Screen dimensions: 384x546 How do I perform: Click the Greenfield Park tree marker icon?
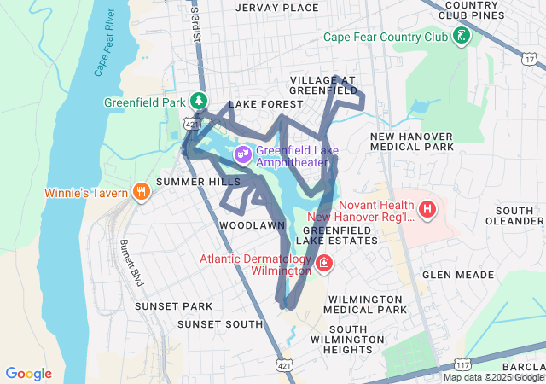coord(199,101)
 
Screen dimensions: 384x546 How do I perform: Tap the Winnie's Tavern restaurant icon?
coord(142,191)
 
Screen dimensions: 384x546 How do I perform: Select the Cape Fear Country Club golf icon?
coord(462,37)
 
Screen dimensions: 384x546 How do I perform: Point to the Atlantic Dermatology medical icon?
coord(324,263)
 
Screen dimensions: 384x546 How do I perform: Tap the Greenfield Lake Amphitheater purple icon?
coord(243,153)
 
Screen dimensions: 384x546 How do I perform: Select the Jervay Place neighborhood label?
coord(264,8)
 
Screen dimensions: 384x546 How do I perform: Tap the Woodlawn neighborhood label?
coord(252,224)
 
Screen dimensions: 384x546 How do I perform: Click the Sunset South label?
coord(220,324)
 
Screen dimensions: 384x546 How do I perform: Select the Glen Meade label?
coord(458,275)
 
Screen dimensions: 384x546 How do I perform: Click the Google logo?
coord(28,374)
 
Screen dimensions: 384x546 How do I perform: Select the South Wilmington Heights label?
coord(359,340)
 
